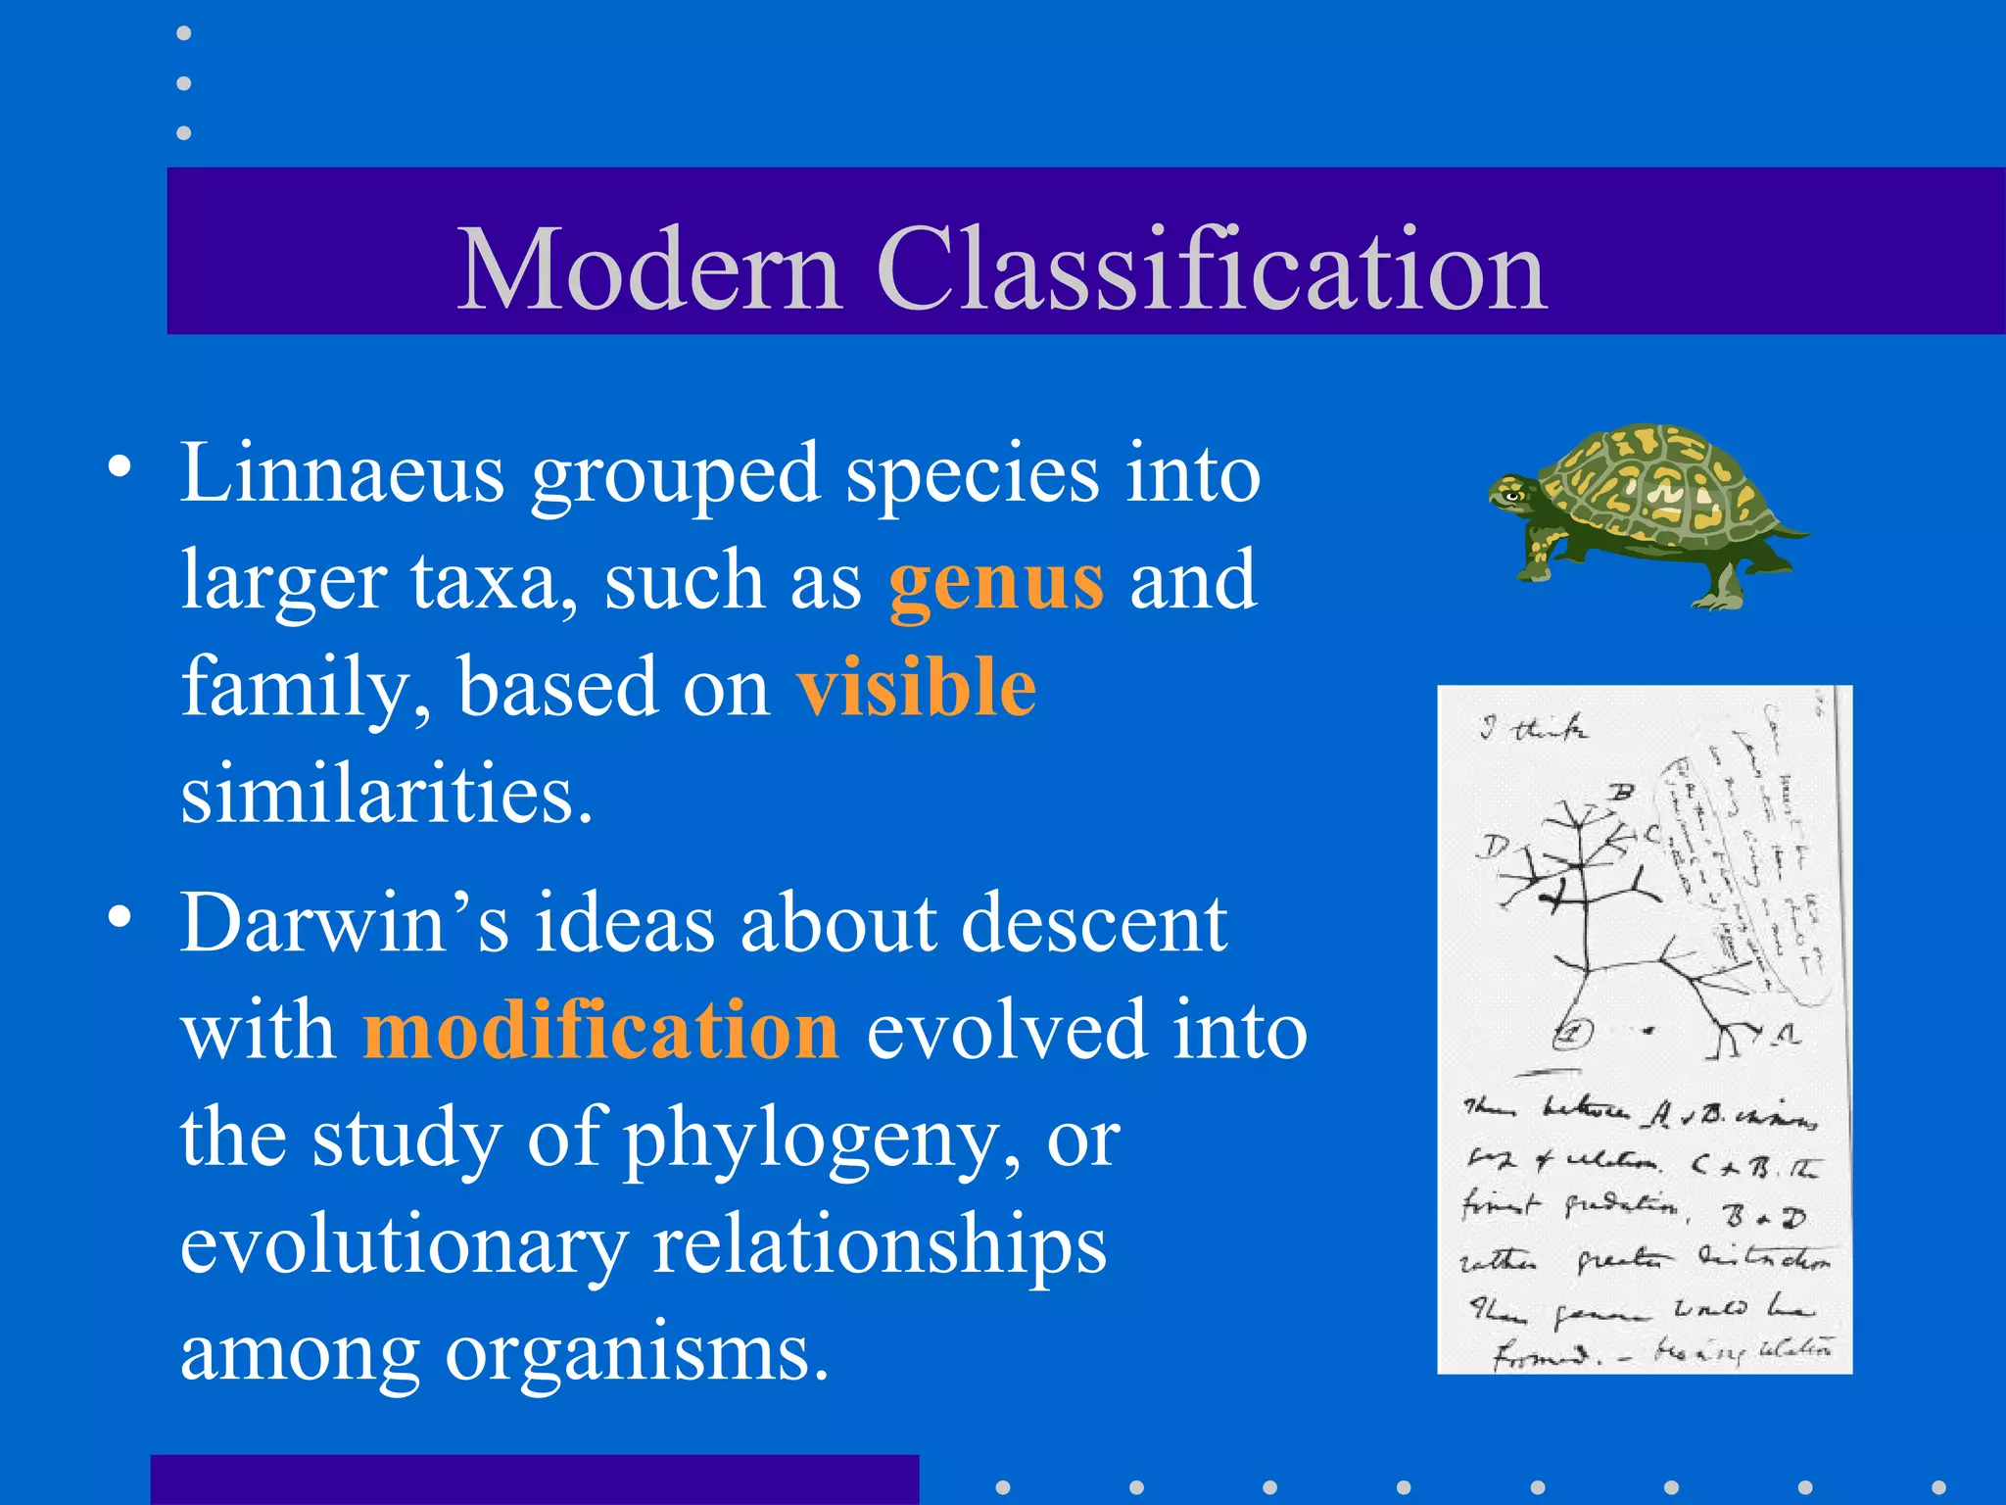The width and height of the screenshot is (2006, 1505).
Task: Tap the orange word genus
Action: point(996,582)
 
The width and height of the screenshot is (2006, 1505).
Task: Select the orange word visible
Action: point(916,688)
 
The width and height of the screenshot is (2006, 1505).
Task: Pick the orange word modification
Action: point(600,1031)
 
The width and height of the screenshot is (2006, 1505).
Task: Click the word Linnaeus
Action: point(342,474)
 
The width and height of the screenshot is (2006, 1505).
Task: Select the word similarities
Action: point(387,794)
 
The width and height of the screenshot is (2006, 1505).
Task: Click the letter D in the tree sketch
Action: point(1493,847)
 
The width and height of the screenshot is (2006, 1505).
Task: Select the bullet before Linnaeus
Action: point(119,468)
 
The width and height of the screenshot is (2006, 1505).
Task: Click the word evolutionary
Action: point(404,1246)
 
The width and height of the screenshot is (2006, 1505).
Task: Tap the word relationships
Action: point(879,1246)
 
